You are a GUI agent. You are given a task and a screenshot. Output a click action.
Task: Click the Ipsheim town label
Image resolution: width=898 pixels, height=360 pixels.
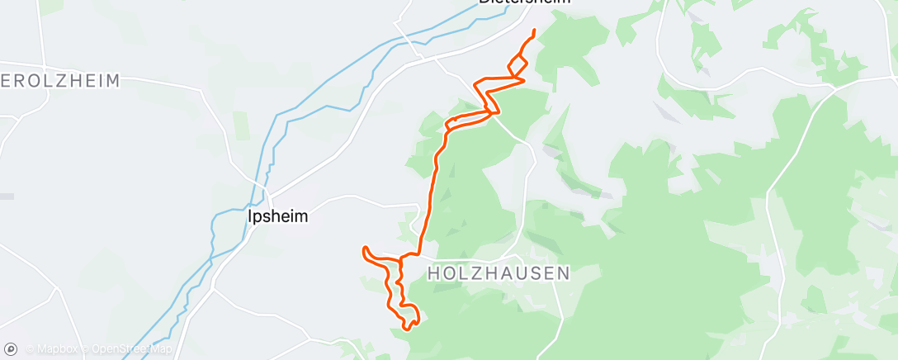pyautogui.click(x=277, y=216)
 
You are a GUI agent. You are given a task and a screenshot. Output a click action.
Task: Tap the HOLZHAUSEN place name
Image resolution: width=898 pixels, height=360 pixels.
pyautogui.click(x=499, y=272)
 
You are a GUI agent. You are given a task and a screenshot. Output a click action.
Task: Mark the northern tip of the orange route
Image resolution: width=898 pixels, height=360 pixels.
pyautogui.click(x=535, y=31)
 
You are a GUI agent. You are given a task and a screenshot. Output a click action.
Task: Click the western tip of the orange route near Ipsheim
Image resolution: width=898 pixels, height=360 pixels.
pyautogui.click(x=364, y=248)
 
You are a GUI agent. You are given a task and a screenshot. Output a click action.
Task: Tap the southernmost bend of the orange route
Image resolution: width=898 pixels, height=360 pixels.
pyautogui.click(x=405, y=329)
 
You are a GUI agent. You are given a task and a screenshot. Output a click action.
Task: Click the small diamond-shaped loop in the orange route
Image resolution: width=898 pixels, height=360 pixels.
pyautogui.click(x=518, y=67)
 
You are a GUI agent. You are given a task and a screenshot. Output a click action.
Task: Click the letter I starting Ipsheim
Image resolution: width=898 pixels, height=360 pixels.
pyautogui.click(x=250, y=216)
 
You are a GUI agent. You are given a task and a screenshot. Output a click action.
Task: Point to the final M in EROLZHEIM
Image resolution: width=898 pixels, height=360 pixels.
pyautogui.click(x=112, y=81)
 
